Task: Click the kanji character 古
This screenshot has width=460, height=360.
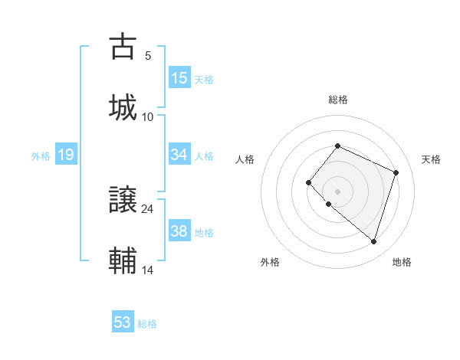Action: pos(123,47)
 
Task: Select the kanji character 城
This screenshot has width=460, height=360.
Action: pos(123,106)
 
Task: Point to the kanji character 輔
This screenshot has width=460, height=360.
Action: pos(123,260)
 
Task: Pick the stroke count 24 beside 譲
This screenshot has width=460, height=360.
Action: pos(147,208)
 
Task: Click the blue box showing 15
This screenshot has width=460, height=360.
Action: pos(179,78)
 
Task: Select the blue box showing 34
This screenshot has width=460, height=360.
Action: pos(179,155)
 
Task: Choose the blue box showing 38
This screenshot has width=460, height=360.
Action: pos(179,231)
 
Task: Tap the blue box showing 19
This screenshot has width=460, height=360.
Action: pos(65,155)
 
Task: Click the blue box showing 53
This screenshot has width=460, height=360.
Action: pos(123,322)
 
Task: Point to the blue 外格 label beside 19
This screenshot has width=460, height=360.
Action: pos(41,156)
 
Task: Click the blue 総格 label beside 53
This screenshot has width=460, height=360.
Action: pos(147,324)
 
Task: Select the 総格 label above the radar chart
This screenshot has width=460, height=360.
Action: pos(338,100)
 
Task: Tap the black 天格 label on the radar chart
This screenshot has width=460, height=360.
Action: pos(431,159)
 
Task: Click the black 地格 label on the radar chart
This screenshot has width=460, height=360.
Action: pos(402,262)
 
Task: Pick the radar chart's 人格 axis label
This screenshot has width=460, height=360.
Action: pos(245,159)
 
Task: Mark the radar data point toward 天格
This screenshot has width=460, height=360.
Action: pos(396,172)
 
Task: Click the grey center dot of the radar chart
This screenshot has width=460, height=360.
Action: pos(337,191)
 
